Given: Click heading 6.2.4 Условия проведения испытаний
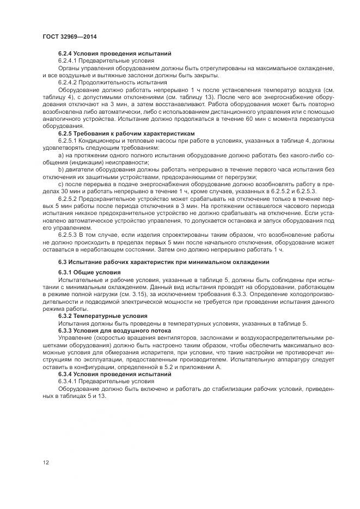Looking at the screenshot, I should (115, 53).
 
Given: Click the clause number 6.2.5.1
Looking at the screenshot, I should (71, 140).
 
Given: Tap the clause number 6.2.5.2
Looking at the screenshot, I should (71, 199).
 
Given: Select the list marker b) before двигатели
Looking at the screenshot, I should (60, 169).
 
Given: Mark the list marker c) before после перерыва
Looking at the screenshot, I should (60, 184).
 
